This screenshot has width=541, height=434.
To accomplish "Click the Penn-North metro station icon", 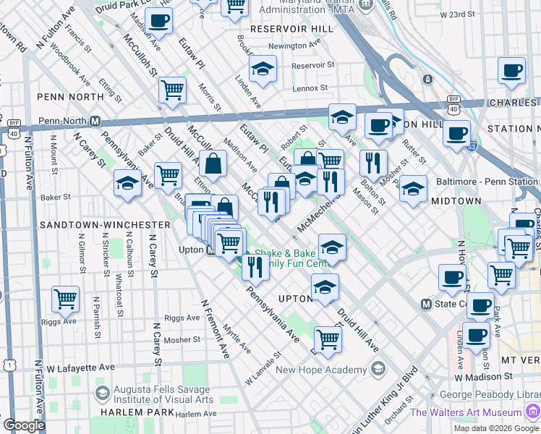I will [x=95, y=121].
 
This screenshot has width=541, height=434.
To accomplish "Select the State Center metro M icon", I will [x=426, y=304].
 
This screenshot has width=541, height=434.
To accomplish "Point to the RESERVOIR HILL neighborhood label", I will [x=291, y=28].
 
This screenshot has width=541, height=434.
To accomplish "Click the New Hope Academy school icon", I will [x=378, y=370].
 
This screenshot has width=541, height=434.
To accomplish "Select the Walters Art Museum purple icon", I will [x=532, y=412].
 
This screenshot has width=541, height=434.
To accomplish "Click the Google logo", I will [x=24, y=425].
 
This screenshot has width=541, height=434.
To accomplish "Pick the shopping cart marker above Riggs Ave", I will [x=65, y=298].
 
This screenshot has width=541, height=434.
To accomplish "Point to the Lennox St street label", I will [x=310, y=88].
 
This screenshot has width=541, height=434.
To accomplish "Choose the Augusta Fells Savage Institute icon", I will [x=102, y=393].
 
